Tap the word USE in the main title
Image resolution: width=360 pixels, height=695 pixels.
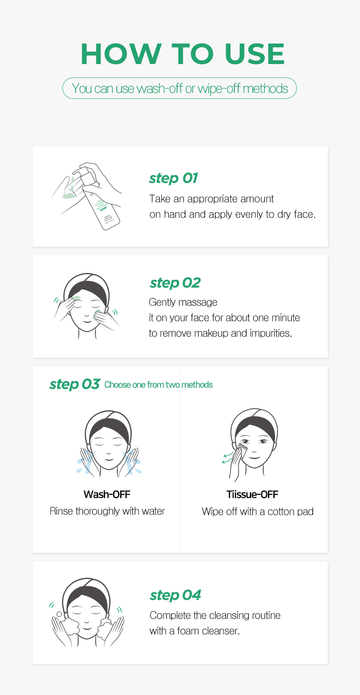point(255,54)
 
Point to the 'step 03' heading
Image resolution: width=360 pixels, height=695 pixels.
point(75,385)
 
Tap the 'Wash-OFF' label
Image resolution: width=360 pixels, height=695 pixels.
point(107,494)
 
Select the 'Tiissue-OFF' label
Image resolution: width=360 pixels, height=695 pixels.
point(252,494)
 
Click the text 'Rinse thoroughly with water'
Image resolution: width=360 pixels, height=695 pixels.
point(107,511)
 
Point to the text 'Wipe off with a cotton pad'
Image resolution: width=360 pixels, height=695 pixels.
point(257,512)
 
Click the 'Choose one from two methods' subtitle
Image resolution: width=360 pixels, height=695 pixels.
point(158,385)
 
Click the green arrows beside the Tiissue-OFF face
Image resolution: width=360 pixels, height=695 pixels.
point(227,458)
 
